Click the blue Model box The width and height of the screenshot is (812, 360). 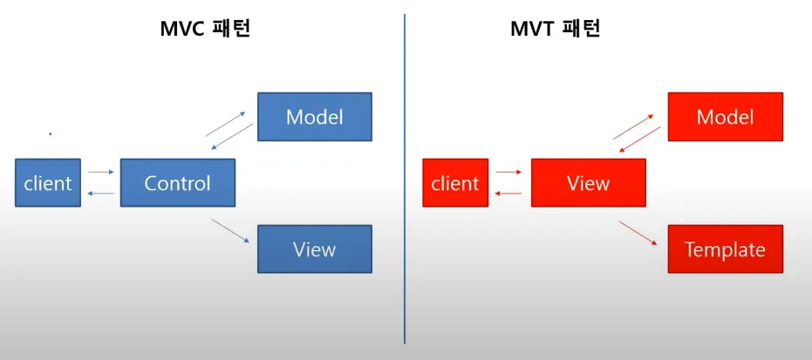point(315,117)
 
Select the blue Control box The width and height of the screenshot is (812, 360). point(178,182)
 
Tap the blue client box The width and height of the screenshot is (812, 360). point(48,182)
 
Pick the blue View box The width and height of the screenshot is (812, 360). point(315,248)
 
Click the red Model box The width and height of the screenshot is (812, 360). point(725,117)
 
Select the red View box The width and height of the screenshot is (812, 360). point(588,182)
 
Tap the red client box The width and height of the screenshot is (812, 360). point(455,182)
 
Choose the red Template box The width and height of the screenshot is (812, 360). point(725,248)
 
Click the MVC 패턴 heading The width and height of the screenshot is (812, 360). point(205,30)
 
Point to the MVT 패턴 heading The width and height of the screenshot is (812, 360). point(555,30)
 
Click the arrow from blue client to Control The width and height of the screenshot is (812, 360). point(101,172)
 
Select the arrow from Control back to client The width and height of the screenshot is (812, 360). point(101,194)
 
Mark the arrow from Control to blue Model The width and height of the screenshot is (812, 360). point(226,124)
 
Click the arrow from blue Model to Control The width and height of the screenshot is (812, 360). point(232,137)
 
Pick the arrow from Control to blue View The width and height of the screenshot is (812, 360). point(230,231)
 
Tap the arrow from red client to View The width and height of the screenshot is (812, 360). point(509,172)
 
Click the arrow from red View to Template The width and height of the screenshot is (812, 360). point(638,234)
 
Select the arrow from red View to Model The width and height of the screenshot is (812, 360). point(634,126)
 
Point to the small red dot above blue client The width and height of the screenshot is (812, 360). point(51,134)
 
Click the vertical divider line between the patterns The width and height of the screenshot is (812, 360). point(405,179)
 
